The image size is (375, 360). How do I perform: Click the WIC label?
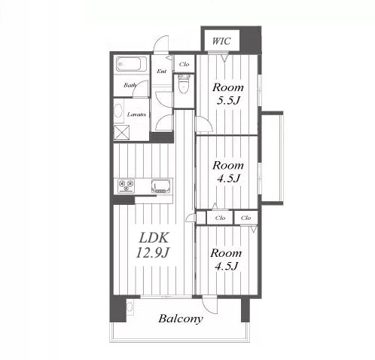tap(221, 41)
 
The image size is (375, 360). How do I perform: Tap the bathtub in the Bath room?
tap(131, 64)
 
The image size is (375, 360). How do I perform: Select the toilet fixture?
tap(184, 84)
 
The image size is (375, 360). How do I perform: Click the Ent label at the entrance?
tap(162, 72)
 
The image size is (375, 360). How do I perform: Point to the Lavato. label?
tap(136, 114)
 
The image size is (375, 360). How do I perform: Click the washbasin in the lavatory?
tap(118, 111)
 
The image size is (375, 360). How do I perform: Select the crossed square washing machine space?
tap(121, 133)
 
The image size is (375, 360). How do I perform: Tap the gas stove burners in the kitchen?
tap(127, 186)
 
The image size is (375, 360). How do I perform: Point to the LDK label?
tap(154, 237)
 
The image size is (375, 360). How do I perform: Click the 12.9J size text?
tap(152, 252)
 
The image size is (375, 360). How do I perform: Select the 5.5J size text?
tap(228, 101)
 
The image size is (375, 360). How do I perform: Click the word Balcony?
tap(181, 319)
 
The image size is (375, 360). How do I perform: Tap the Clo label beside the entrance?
tap(184, 64)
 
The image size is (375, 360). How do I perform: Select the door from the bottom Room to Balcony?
tap(210, 305)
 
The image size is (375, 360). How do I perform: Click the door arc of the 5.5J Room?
tap(204, 124)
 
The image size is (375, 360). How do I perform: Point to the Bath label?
tap(130, 85)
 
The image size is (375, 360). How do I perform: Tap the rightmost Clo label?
tap(245, 218)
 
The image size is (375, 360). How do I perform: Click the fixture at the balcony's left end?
tap(130, 307)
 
